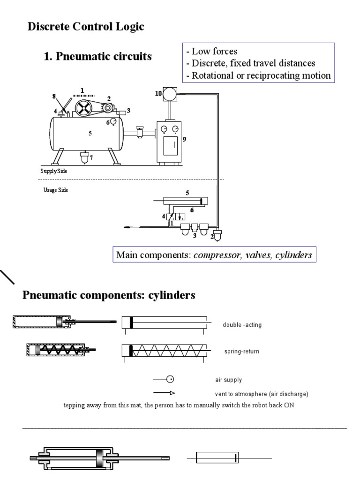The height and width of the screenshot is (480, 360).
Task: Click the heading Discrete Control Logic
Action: tap(86, 27)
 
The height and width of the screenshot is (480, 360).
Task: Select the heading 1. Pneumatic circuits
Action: tap(97, 57)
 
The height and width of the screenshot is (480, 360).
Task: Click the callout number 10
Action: tap(158, 93)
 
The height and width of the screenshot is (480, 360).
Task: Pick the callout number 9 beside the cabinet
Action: tap(184, 139)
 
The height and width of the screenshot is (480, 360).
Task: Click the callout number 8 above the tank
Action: tap(54, 96)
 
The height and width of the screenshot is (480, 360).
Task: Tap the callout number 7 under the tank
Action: tap(91, 158)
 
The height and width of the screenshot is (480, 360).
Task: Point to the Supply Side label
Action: tap(53, 171)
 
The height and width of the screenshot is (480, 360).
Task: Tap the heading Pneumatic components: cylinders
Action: tap(109, 296)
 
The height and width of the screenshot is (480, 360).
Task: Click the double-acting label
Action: tap(242, 325)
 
